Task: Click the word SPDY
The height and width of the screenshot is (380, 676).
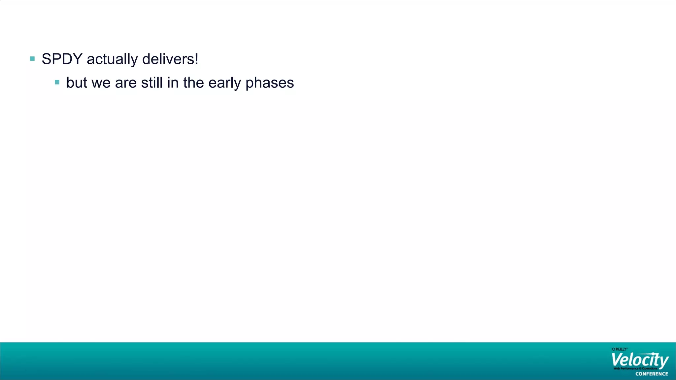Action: [x=62, y=59]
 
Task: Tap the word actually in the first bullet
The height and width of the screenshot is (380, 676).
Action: [x=112, y=59]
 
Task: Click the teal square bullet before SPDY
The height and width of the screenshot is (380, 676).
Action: [x=32, y=59]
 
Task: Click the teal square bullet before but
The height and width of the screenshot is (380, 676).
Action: [x=57, y=82]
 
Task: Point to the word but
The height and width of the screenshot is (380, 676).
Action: [x=77, y=82]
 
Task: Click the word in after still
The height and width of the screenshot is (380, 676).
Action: [x=173, y=82]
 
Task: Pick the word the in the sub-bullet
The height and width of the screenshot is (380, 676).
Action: [x=193, y=82]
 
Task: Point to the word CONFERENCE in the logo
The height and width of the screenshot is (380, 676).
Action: [x=652, y=374]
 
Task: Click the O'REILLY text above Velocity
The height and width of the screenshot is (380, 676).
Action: [x=619, y=349]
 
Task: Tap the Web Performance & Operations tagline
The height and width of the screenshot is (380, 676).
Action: [x=635, y=368]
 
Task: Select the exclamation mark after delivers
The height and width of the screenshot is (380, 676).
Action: [x=196, y=59]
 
